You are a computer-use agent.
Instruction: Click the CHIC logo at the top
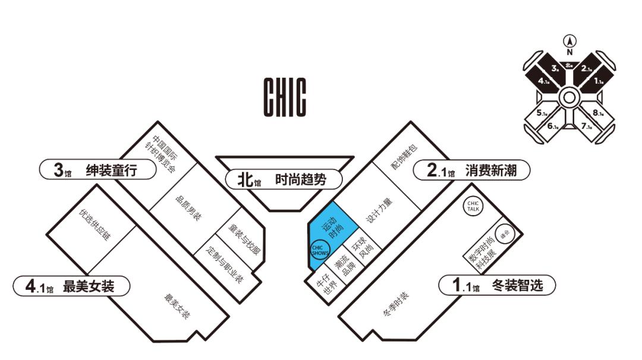point(285,97)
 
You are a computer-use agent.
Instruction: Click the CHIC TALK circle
point(473,206)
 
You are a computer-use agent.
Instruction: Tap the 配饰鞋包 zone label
point(405,157)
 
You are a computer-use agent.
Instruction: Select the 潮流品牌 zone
point(345,266)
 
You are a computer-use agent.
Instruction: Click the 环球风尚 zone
point(363,248)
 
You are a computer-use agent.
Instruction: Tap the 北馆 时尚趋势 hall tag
point(277,179)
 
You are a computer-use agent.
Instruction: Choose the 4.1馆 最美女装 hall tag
point(71,286)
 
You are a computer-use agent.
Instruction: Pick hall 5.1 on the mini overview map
point(542,113)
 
